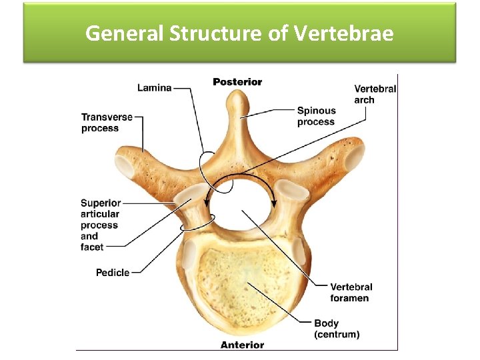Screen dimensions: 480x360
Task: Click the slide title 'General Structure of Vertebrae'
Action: pyautogui.click(x=239, y=33)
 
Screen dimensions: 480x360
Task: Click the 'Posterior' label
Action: pyautogui.click(x=237, y=82)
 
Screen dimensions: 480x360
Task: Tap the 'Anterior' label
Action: pyautogui.click(x=242, y=345)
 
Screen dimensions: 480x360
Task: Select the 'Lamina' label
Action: pyautogui.click(x=154, y=87)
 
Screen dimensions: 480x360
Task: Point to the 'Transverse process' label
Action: pyautogui.click(x=107, y=123)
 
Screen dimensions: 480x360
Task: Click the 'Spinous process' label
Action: pyautogui.click(x=316, y=116)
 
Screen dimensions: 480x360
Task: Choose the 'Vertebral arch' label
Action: pyautogui.click(x=375, y=94)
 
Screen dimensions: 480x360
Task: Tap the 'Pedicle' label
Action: pyautogui.click(x=113, y=272)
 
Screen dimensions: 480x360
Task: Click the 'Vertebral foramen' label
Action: pyautogui.click(x=351, y=292)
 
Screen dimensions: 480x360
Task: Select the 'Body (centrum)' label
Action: pyautogui.click(x=337, y=328)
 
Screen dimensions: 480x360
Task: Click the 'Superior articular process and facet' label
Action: pyautogui.click(x=100, y=225)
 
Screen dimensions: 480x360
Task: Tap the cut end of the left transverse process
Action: pyautogui.click(x=125, y=165)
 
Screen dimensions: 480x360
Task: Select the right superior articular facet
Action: pyautogui.click(x=293, y=191)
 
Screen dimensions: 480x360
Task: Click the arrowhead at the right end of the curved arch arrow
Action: pyautogui.click(x=273, y=203)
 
